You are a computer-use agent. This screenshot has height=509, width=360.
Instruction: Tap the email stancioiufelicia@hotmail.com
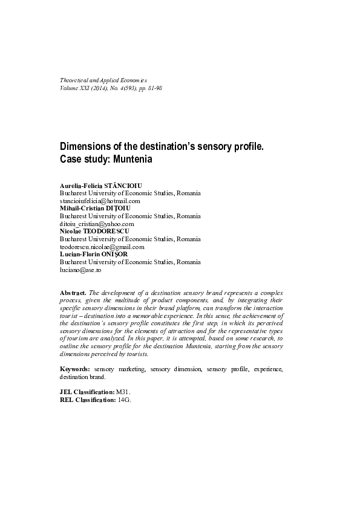[100, 200]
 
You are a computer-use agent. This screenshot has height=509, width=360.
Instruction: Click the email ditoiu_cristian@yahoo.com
[97, 224]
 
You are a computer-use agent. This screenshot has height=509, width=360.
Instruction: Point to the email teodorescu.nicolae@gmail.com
[102, 247]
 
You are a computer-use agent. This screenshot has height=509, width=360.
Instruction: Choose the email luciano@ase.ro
[76, 270]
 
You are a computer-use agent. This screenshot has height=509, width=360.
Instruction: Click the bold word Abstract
[73, 293]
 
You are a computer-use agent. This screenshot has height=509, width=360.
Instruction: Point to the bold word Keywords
[75, 368]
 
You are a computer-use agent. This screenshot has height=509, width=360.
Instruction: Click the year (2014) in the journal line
[99, 88]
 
